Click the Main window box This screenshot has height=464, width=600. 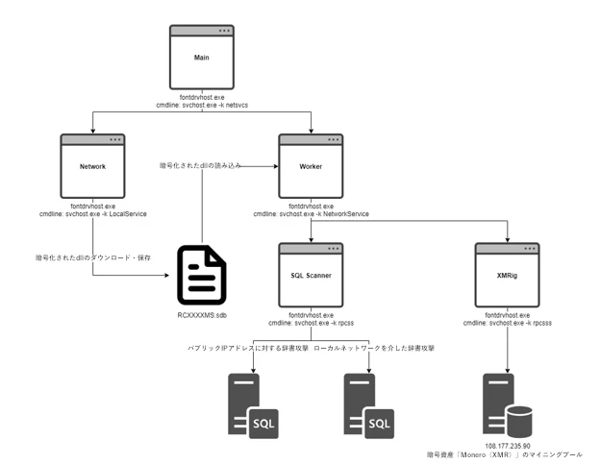[202, 58]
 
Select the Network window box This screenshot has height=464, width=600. [92, 165]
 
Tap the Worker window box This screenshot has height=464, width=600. [312, 165]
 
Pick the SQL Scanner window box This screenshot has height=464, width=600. [311, 275]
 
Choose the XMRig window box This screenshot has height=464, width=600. [511, 275]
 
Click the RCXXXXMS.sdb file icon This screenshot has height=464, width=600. [202, 276]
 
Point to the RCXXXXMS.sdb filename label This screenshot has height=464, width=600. [203, 315]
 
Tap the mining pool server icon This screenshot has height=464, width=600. [508, 407]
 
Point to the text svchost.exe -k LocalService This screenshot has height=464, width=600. [106, 212]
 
